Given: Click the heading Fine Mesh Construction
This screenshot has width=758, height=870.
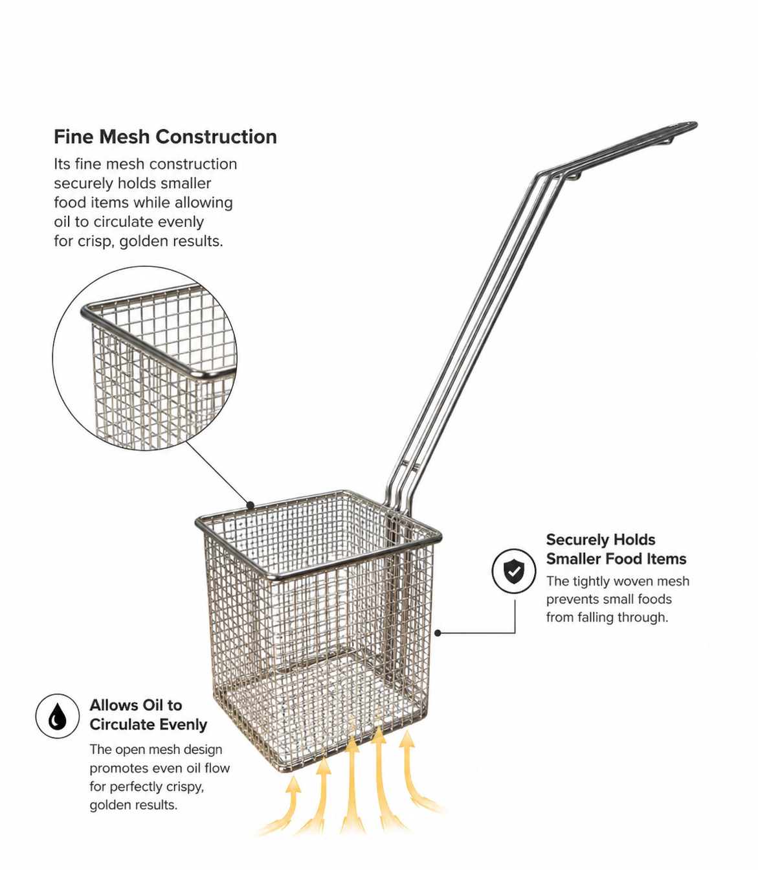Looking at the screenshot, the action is click(165, 137).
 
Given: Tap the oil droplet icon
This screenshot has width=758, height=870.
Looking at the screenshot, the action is click(58, 716).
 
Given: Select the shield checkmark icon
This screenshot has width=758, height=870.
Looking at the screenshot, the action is click(514, 571).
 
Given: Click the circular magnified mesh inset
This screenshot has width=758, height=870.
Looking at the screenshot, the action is click(144, 358).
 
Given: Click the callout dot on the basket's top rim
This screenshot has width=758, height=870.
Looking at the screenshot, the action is click(251, 505).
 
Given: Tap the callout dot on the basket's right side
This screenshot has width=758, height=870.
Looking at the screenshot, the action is click(438, 633).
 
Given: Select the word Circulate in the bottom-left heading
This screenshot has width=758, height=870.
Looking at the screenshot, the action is click(120, 724).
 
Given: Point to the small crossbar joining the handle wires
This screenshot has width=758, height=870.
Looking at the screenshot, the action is click(410, 464).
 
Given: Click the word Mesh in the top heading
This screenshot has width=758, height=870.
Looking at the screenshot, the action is click(124, 137).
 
